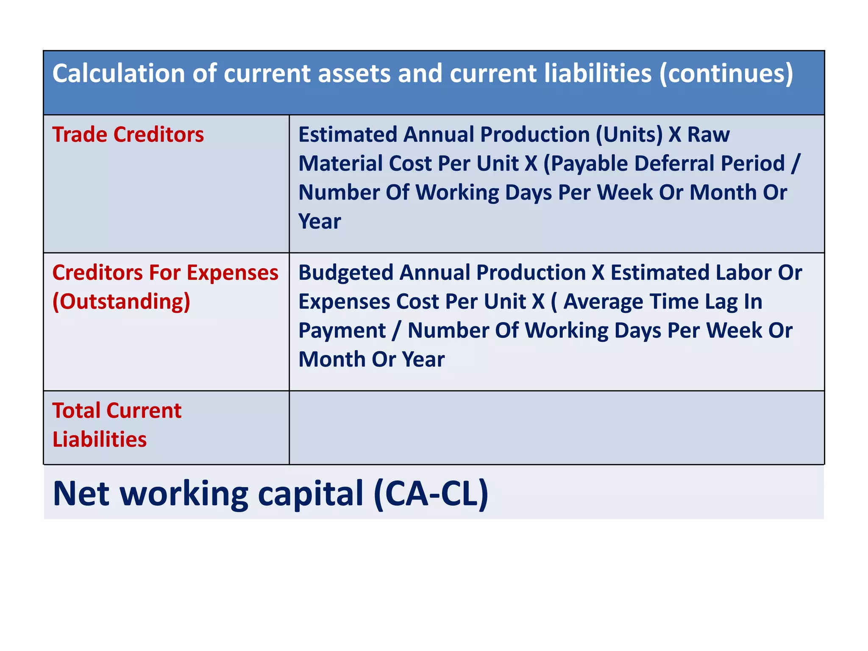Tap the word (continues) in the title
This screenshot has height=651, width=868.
pyautogui.click(x=726, y=74)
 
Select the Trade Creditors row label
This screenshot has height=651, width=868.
pyautogui.click(x=128, y=135)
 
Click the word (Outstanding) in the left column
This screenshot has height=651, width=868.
pyautogui.click(x=121, y=302)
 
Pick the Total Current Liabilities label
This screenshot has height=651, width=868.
pyautogui.click(x=117, y=425)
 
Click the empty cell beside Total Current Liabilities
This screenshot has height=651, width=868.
pyautogui.click(x=556, y=427)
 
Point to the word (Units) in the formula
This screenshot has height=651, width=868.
pyautogui.click(x=629, y=135)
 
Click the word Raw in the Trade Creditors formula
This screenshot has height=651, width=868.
pyautogui.click(x=708, y=135)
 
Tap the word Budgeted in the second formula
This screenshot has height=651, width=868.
pyautogui.click(x=346, y=273)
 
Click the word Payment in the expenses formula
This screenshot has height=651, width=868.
pyautogui.click(x=342, y=331)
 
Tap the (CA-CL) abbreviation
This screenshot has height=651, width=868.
pyautogui.click(x=431, y=493)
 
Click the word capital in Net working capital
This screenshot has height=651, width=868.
pyautogui.click(x=310, y=494)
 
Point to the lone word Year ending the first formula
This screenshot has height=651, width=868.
pyautogui.click(x=320, y=222)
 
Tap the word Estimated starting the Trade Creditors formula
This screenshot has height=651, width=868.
pyautogui.click(x=348, y=135)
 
